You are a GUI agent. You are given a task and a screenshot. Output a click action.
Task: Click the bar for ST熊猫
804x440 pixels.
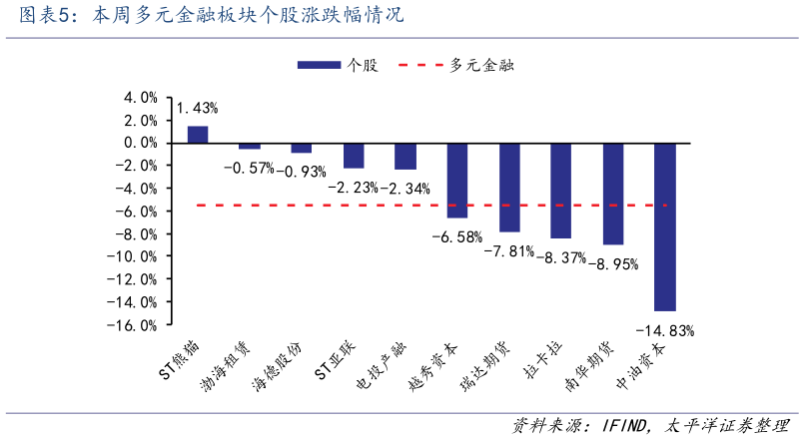pos(198,135)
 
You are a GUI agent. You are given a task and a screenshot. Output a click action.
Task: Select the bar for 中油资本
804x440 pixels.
pos(665,226)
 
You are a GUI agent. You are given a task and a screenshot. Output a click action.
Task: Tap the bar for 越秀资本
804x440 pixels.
pos(457,180)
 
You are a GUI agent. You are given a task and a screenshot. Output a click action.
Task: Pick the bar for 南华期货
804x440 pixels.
pos(613,194)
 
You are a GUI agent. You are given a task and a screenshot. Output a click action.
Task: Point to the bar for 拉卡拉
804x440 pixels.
pos(561,191)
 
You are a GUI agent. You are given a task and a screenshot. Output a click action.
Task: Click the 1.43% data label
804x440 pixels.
pos(197,108)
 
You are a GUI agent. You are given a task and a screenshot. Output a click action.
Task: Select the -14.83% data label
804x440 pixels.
pos(664,329)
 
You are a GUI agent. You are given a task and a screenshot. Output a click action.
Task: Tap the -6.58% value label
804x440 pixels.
pos(456,236)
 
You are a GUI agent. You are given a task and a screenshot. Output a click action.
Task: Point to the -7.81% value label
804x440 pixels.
pos(509,250)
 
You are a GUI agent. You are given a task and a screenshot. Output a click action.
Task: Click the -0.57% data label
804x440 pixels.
pos(249,168)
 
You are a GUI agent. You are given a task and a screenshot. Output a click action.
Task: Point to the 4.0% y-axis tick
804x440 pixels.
pos(140,98)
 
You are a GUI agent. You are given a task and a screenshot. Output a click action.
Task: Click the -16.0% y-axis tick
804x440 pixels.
pos(136,325)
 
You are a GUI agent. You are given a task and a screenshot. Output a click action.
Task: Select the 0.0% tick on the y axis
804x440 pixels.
pos(140,143)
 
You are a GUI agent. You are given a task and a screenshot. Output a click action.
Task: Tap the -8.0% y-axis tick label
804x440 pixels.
pos(138,234)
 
